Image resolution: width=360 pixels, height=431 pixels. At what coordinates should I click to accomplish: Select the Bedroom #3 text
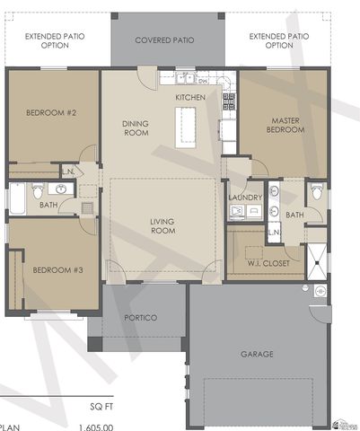tap(51, 270)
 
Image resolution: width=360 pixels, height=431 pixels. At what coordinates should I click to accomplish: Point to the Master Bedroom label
tap(285, 124)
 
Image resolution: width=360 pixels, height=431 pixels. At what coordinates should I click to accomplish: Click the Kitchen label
tap(190, 96)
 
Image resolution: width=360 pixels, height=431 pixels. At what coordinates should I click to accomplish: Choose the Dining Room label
tap(135, 128)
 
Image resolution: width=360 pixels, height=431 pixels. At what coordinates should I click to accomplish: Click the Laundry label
tap(244, 198)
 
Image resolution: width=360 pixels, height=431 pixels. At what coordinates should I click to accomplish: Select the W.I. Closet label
tap(266, 263)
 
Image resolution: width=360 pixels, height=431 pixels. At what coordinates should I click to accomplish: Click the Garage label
tap(257, 354)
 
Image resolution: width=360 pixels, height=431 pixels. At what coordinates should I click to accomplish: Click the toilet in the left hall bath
tap(38, 191)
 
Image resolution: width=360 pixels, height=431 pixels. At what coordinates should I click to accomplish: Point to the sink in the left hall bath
tap(61, 189)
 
